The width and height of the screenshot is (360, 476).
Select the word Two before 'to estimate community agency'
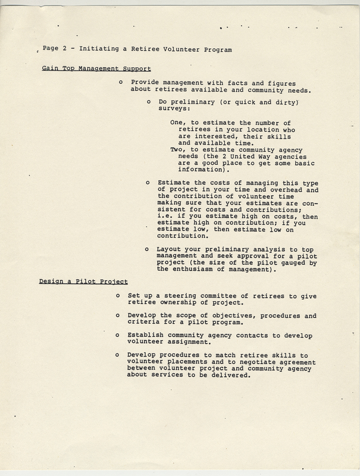click(177, 149)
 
